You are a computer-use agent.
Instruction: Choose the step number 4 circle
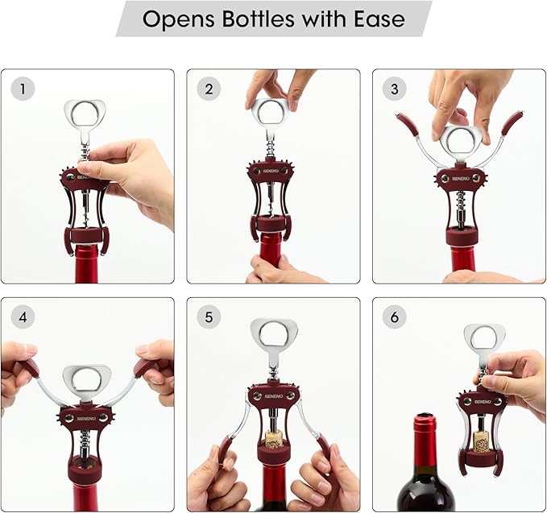[23, 317]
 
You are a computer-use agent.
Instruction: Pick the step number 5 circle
[209, 317]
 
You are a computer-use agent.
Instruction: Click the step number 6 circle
[394, 317]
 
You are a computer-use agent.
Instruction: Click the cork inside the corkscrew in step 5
[274, 440]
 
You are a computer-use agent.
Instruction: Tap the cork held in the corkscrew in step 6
[482, 441]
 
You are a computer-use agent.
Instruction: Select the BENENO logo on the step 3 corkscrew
[460, 177]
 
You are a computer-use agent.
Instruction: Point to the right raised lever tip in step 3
[512, 122]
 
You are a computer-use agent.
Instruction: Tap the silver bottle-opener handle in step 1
[86, 114]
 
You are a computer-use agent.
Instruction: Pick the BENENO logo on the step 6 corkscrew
[481, 399]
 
